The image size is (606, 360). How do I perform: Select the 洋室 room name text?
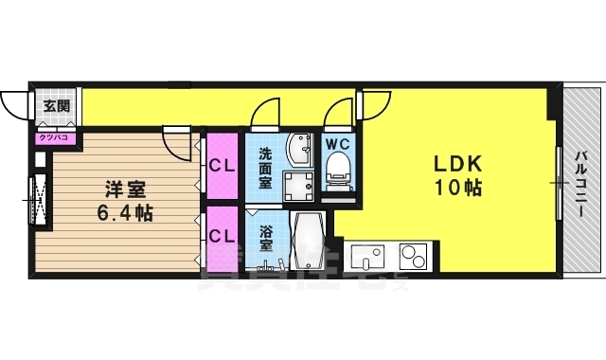pos(119,188)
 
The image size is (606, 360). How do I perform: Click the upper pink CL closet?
pos(223,166)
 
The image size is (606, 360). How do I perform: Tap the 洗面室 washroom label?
pos(266,165)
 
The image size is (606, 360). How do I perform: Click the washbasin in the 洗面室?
pos(302,152)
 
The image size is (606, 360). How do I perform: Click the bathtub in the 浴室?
pos(309,243)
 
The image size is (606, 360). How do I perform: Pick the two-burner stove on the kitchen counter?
pos(413,256)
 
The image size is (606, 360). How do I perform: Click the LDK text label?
pos(459,163)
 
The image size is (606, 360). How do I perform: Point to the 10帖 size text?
pos(459,188)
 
